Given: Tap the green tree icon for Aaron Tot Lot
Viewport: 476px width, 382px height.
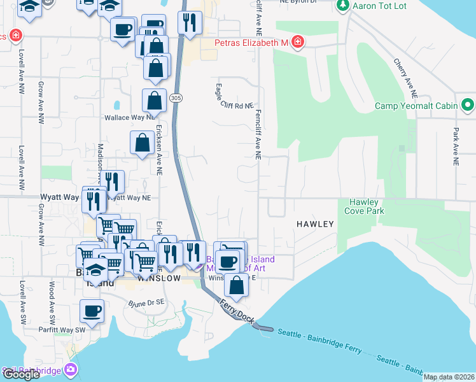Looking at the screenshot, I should [x=343, y=5].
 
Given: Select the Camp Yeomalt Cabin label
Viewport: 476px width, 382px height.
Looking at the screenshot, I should [x=417, y=106].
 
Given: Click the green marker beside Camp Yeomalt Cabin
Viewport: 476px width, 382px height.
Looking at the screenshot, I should [x=468, y=104].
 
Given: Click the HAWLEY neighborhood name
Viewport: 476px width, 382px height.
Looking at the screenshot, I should [x=314, y=224].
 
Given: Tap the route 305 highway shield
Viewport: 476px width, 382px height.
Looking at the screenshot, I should [x=176, y=97].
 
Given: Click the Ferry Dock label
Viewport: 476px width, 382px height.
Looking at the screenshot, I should [x=238, y=311].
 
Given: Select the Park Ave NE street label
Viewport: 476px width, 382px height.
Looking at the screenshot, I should [x=456, y=146].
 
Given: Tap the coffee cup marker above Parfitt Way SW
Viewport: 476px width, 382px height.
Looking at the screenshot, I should [x=92, y=311].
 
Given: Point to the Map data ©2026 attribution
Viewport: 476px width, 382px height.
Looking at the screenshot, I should [x=449, y=377].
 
